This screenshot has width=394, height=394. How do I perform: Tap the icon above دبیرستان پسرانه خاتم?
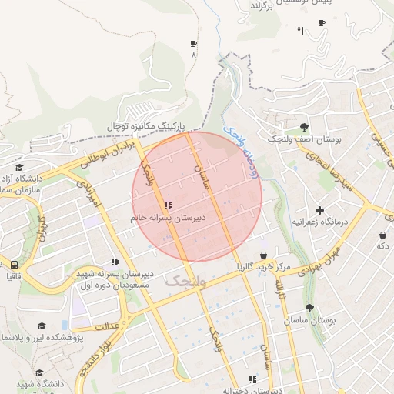click(168, 205)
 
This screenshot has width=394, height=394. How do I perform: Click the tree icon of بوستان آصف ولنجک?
click(305, 127)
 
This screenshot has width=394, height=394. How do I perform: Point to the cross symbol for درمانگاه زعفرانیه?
click(320, 210)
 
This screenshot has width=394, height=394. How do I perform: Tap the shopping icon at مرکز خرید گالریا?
click(264, 255)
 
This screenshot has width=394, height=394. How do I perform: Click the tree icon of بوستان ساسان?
click(309, 308)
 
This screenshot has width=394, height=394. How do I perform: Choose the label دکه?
click(382, 245)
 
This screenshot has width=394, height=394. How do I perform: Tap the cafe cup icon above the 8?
click(192, 44)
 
